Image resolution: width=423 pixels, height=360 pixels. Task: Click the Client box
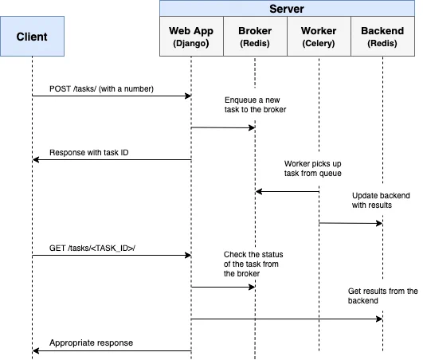coord(32,36)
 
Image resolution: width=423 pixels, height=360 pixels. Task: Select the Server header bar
coord(287,9)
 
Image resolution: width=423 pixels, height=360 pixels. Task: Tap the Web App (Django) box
coord(191,36)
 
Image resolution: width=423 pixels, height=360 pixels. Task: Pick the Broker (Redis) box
coord(255,36)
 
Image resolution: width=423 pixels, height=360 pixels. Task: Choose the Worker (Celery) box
coord(319,36)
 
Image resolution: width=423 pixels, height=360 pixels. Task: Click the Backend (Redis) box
coord(382,36)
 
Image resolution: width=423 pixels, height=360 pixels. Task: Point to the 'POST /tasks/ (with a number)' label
coord(101,88)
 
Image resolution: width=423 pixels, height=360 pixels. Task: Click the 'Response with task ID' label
coord(88,152)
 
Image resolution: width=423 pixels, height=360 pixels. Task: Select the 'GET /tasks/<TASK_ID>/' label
coord(92,248)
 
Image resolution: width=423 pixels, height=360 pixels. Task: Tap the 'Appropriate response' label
coord(91,342)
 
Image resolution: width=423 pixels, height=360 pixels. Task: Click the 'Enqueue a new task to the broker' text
coord(255,104)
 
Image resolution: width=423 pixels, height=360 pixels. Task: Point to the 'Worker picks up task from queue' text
coord(312,168)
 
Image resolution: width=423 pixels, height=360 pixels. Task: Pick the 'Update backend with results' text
coord(381,200)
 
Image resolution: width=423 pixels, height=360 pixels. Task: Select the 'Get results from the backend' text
coord(382,295)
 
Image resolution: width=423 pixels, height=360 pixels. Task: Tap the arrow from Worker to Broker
coord(287,191)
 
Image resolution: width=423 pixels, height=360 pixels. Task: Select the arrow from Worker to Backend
coord(351,223)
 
